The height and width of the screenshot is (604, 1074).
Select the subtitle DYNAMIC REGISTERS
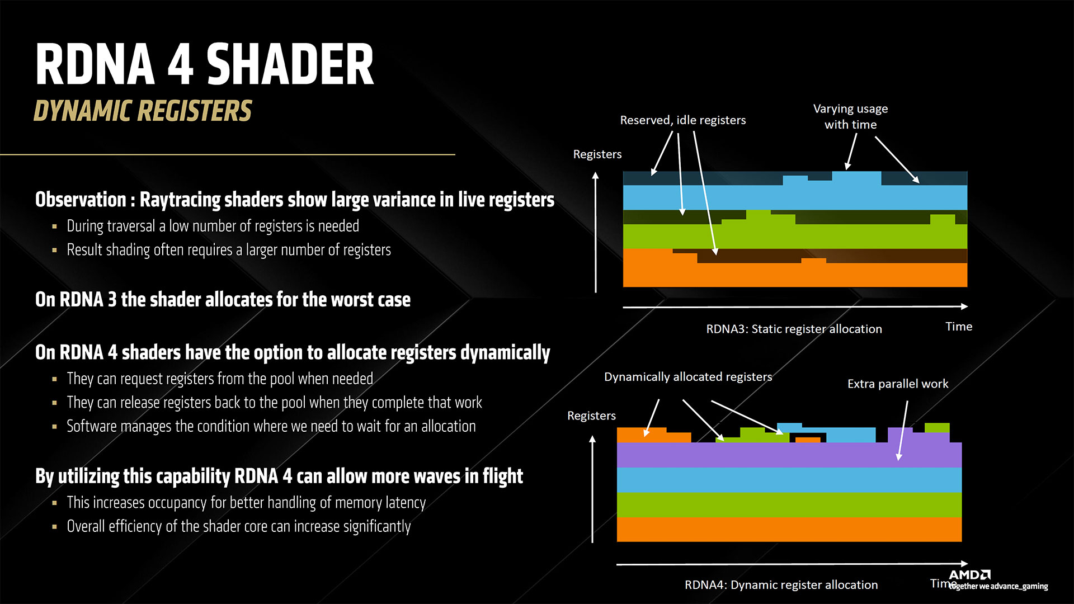143,111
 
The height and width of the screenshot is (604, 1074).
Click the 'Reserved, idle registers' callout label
682,120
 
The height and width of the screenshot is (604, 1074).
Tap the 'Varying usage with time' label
850,116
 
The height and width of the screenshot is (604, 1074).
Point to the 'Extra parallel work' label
897,384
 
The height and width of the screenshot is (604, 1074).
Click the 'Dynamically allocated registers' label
687,377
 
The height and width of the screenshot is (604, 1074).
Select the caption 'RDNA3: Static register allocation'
794,329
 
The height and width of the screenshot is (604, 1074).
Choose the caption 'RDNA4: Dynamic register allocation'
781,584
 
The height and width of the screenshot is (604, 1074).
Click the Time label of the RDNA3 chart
958,327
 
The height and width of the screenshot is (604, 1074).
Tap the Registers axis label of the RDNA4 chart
591,416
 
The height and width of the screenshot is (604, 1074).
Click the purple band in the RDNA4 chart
783,455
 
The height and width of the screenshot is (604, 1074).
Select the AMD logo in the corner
969,575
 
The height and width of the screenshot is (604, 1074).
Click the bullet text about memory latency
246,503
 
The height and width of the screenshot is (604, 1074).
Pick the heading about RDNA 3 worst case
223,300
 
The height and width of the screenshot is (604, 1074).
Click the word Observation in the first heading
81,200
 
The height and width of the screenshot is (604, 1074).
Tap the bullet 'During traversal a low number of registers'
213,226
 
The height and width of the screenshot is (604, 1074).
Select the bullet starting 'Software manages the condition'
271,426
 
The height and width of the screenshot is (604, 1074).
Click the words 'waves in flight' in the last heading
480,476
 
